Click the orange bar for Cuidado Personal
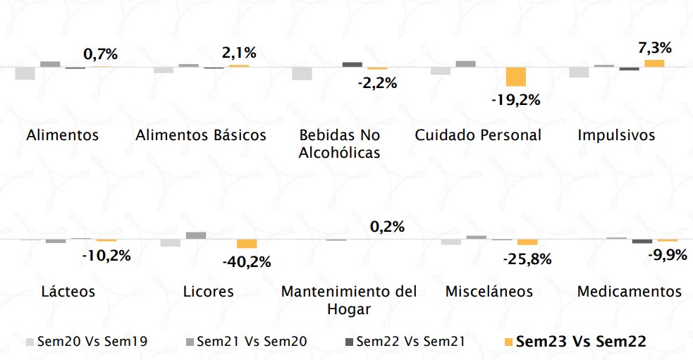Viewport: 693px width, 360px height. (x=516, y=77)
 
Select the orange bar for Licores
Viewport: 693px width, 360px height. (x=247, y=244)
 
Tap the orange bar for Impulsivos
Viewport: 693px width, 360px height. (x=654, y=63)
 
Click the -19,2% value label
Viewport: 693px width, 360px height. (x=515, y=100)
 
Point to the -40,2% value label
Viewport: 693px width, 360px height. (x=247, y=262)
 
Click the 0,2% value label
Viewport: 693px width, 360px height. (x=386, y=227)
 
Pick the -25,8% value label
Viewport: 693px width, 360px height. (x=527, y=259)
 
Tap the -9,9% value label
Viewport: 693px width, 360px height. (x=666, y=254)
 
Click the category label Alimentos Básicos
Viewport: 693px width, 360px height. (x=201, y=135)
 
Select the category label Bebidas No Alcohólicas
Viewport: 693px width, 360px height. (x=340, y=144)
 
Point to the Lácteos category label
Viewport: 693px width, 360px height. (x=68, y=292)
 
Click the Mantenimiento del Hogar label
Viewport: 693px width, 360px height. (x=349, y=300)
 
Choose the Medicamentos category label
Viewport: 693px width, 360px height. (x=630, y=292)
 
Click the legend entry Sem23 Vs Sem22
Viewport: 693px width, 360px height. (x=581, y=342)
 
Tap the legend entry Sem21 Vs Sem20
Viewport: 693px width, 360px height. (x=252, y=342)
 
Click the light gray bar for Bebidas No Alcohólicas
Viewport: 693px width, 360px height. (x=302, y=73)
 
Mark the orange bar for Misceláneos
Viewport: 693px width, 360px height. (x=527, y=242)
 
